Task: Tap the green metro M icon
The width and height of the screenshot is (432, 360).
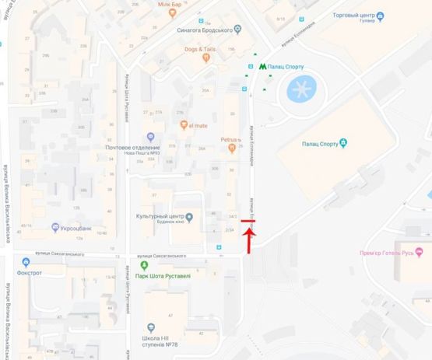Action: pyautogui.click(x=262, y=67)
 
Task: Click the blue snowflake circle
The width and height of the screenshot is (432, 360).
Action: pyautogui.click(x=301, y=89)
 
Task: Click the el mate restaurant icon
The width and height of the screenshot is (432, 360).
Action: pyautogui.click(x=184, y=124)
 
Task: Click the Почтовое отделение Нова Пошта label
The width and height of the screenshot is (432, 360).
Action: pyautogui.click(x=132, y=150)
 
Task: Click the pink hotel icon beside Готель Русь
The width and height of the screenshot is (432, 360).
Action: pyautogui.click(x=418, y=250)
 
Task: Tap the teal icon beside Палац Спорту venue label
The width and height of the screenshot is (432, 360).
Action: pyautogui.click(x=343, y=142)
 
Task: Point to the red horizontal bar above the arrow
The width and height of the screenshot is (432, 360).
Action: pyautogui.click(x=248, y=223)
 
